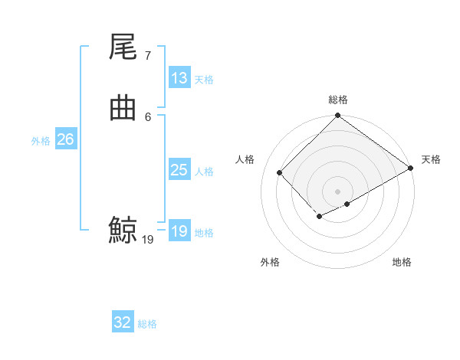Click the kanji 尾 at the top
123,48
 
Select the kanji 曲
123,109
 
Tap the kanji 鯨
123,230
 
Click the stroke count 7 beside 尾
147,56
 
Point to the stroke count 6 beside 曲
147,116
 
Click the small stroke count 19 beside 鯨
148,240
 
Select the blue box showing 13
179,78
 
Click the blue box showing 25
179,170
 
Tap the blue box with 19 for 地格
179,231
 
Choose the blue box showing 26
65,139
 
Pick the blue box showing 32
123,322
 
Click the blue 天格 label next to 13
204,80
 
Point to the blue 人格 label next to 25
204,172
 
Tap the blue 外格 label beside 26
41,141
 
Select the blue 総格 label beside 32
147,324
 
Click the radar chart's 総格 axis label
338,100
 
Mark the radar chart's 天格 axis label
431,159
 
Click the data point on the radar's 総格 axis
338,116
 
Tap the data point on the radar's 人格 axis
280,172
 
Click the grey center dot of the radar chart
338,191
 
